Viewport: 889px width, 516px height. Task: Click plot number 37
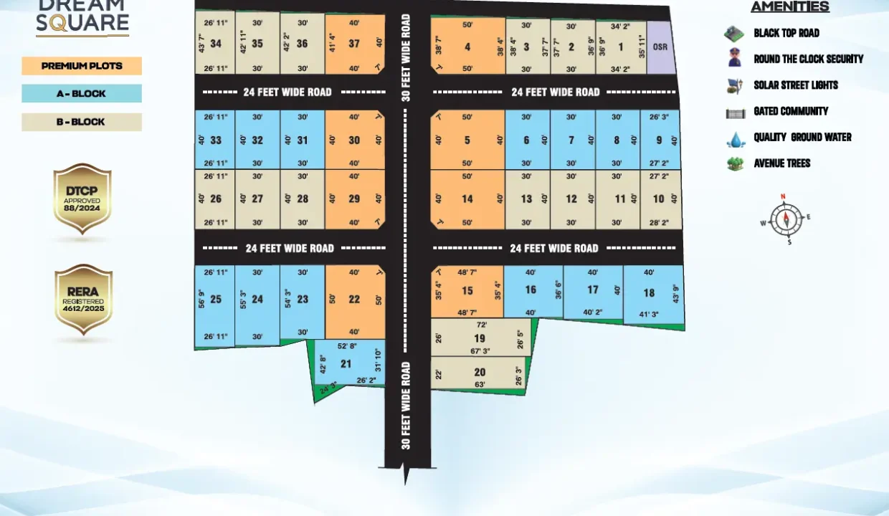click(x=354, y=44)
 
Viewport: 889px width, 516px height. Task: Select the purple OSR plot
click(x=660, y=47)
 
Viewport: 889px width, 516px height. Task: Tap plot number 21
click(x=346, y=364)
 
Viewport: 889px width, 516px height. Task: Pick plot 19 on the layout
click(x=480, y=338)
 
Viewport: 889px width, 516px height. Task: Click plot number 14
click(x=467, y=199)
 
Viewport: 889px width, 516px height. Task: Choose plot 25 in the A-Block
click(x=215, y=300)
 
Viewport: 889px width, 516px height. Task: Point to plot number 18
click(x=649, y=292)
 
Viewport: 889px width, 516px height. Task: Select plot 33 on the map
click(x=216, y=140)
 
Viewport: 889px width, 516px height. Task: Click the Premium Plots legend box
click(x=82, y=66)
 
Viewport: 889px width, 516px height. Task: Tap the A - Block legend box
click(x=82, y=94)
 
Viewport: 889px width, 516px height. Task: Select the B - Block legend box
click(x=82, y=122)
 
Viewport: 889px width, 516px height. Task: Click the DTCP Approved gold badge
click(x=82, y=199)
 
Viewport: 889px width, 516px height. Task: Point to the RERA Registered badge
click(x=84, y=299)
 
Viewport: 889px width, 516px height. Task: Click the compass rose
click(x=785, y=219)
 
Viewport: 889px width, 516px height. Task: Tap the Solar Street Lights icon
click(x=734, y=85)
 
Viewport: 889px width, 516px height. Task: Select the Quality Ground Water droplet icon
click(x=736, y=138)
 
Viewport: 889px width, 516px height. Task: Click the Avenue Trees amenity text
click(x=781, y=163)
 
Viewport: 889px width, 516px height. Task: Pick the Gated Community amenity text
click(x=790, y=111)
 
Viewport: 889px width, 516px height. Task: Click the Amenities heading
click(x=789, y=7)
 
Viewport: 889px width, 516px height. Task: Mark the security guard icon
click(x=734, y=58)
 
